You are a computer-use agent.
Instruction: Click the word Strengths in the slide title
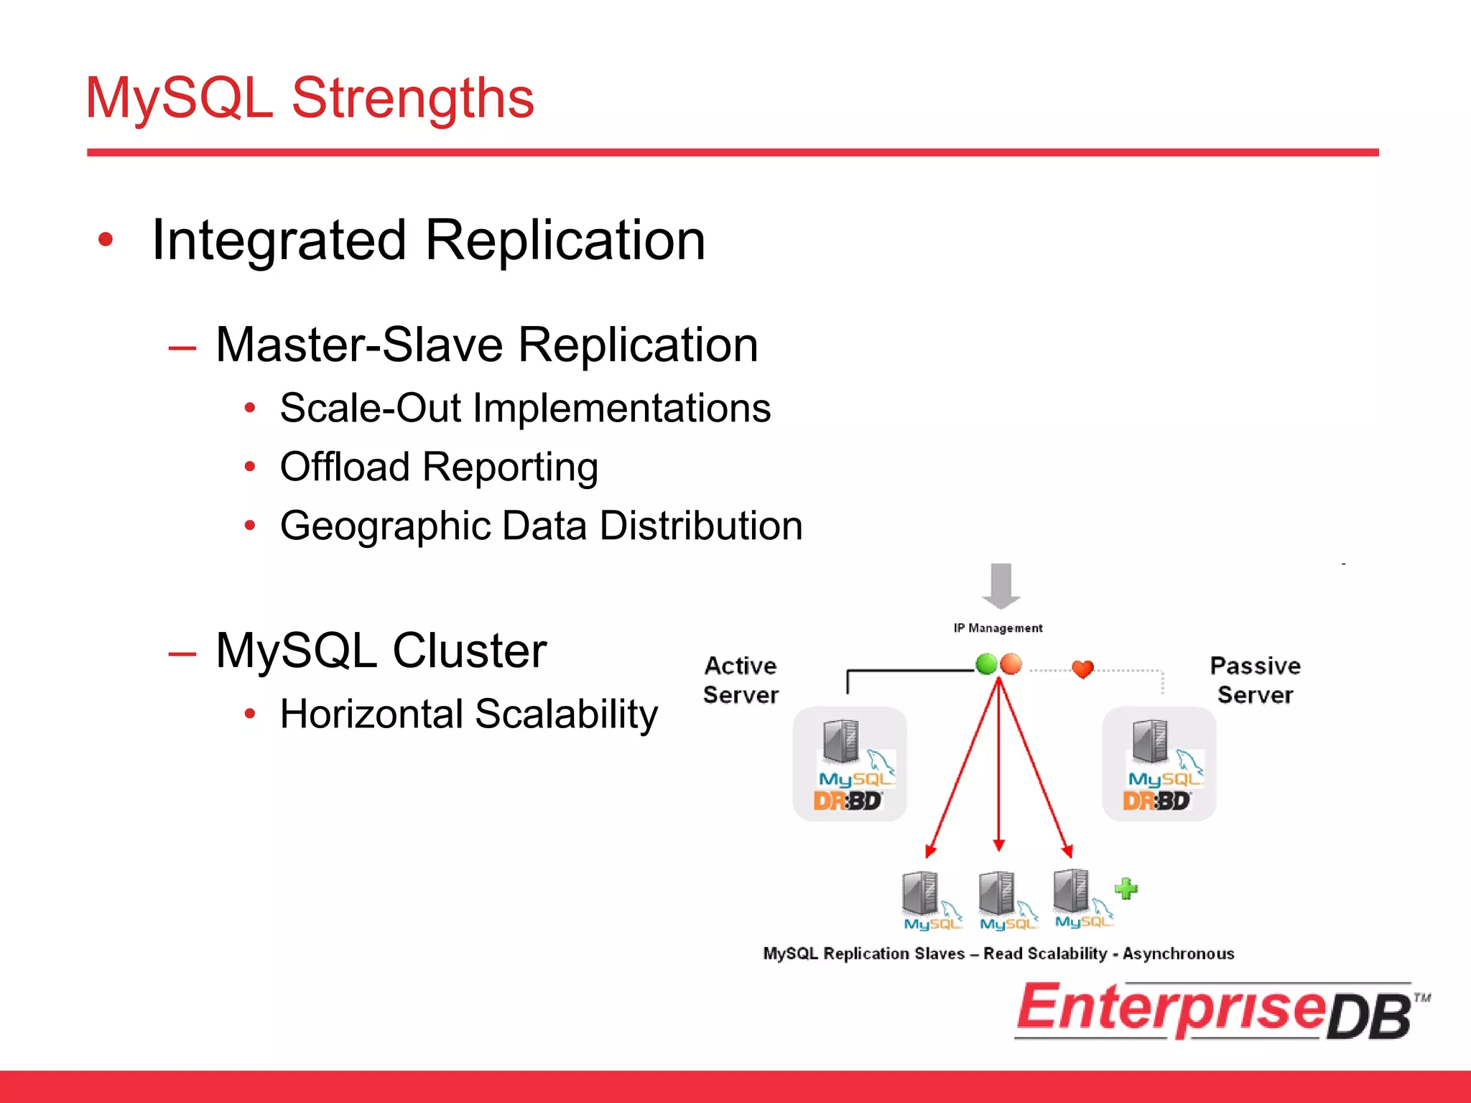[x=412, y=98]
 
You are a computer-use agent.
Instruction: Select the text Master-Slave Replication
[x=486, y=345]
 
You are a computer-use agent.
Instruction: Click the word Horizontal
[x=371, y=715]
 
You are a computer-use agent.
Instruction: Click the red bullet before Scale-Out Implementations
[x=249, y=409]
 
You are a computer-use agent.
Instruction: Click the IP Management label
[x=998, y=628]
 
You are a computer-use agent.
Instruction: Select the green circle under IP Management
[x=986, y=664]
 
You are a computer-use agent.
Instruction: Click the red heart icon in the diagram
[x=1082, y=669]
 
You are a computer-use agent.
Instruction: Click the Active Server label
[x=741, y=680]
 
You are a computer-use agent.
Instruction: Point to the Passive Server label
[x=1255, y=680]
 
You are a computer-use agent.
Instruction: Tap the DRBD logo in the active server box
[x=848, y=801]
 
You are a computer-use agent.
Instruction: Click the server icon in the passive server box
[x=1150, y=741]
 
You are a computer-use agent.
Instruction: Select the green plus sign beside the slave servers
[x=1126, y=889]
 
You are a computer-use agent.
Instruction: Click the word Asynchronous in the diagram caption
[x=1178, y=954]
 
